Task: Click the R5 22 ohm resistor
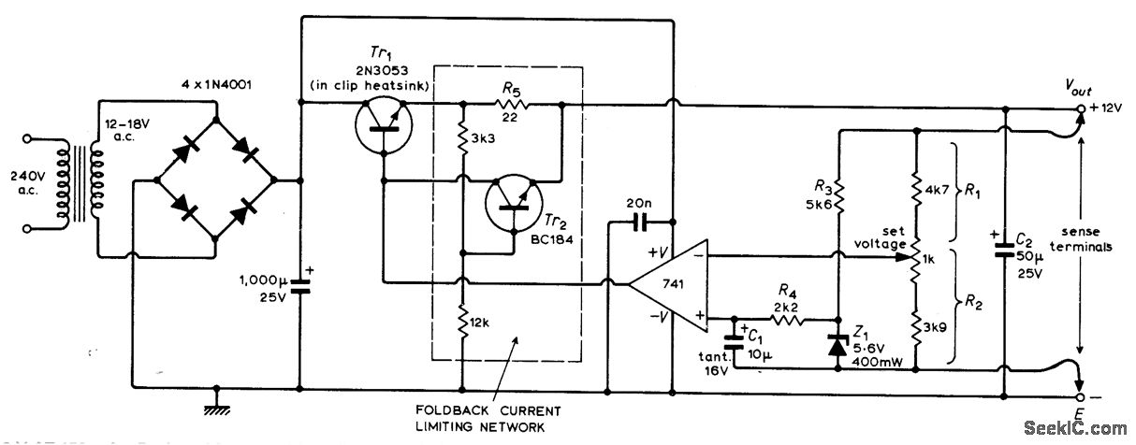(x=511, y=108)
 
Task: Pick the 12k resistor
(x=462, y=324)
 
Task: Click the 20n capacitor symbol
(x=640, y=222)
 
